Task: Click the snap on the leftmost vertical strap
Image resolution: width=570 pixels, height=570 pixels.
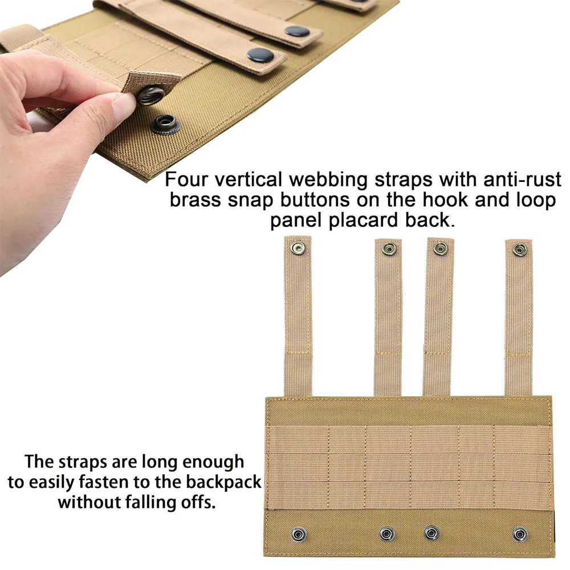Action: tap(299, 249)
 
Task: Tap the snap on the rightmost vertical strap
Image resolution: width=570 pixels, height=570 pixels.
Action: tap(520, 250)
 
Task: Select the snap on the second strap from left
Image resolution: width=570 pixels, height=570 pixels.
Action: tap(389, 250)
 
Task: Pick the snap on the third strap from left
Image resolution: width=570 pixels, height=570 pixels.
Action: tap(440, 249)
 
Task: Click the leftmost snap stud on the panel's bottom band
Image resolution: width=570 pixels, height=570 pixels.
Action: tap(299, 535)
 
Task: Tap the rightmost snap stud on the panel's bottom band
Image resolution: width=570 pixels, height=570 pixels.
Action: tap(520, 535)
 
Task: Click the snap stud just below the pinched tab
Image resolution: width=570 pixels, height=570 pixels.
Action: tap(165, 124)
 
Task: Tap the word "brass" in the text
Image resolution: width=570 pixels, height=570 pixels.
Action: tap(195, 200)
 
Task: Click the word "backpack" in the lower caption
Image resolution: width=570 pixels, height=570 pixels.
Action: tap(223, 482)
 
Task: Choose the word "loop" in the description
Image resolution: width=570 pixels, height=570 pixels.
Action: tap(536, 201)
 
